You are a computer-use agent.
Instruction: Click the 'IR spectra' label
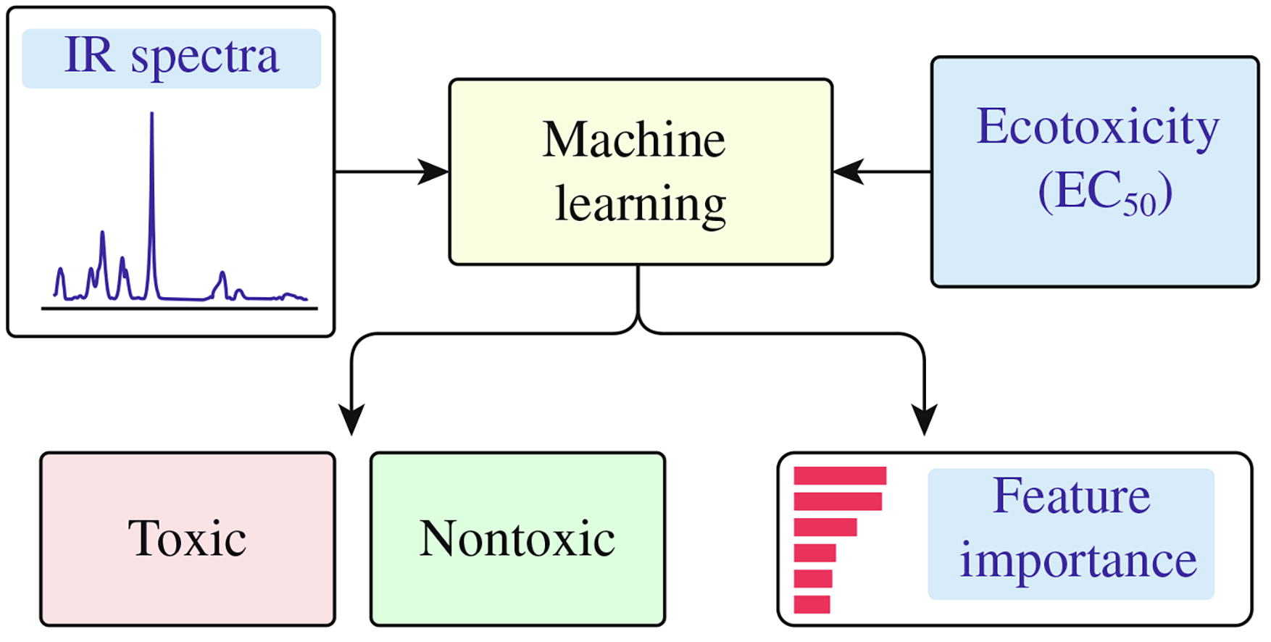(171, 57)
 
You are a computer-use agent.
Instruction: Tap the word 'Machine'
(634, 139)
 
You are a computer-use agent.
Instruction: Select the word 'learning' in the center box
(641, 204)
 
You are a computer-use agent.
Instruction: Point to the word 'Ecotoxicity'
(1097, 128)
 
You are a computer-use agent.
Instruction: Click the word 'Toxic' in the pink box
(187, 539)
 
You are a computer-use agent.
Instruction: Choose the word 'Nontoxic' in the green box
(517, 539)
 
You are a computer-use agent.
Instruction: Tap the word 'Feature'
(1071, 497)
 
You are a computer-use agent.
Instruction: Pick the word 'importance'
(1078, 561)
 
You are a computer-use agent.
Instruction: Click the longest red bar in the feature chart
(840, 476)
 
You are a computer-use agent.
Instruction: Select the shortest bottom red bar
(812, 604)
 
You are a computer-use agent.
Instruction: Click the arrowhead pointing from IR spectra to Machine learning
(435, 172)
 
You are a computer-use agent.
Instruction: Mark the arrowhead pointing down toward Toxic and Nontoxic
(351, 420)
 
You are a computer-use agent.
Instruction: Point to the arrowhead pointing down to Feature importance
(925, 420)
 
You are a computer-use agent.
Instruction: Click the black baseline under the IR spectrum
(179, 309)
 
